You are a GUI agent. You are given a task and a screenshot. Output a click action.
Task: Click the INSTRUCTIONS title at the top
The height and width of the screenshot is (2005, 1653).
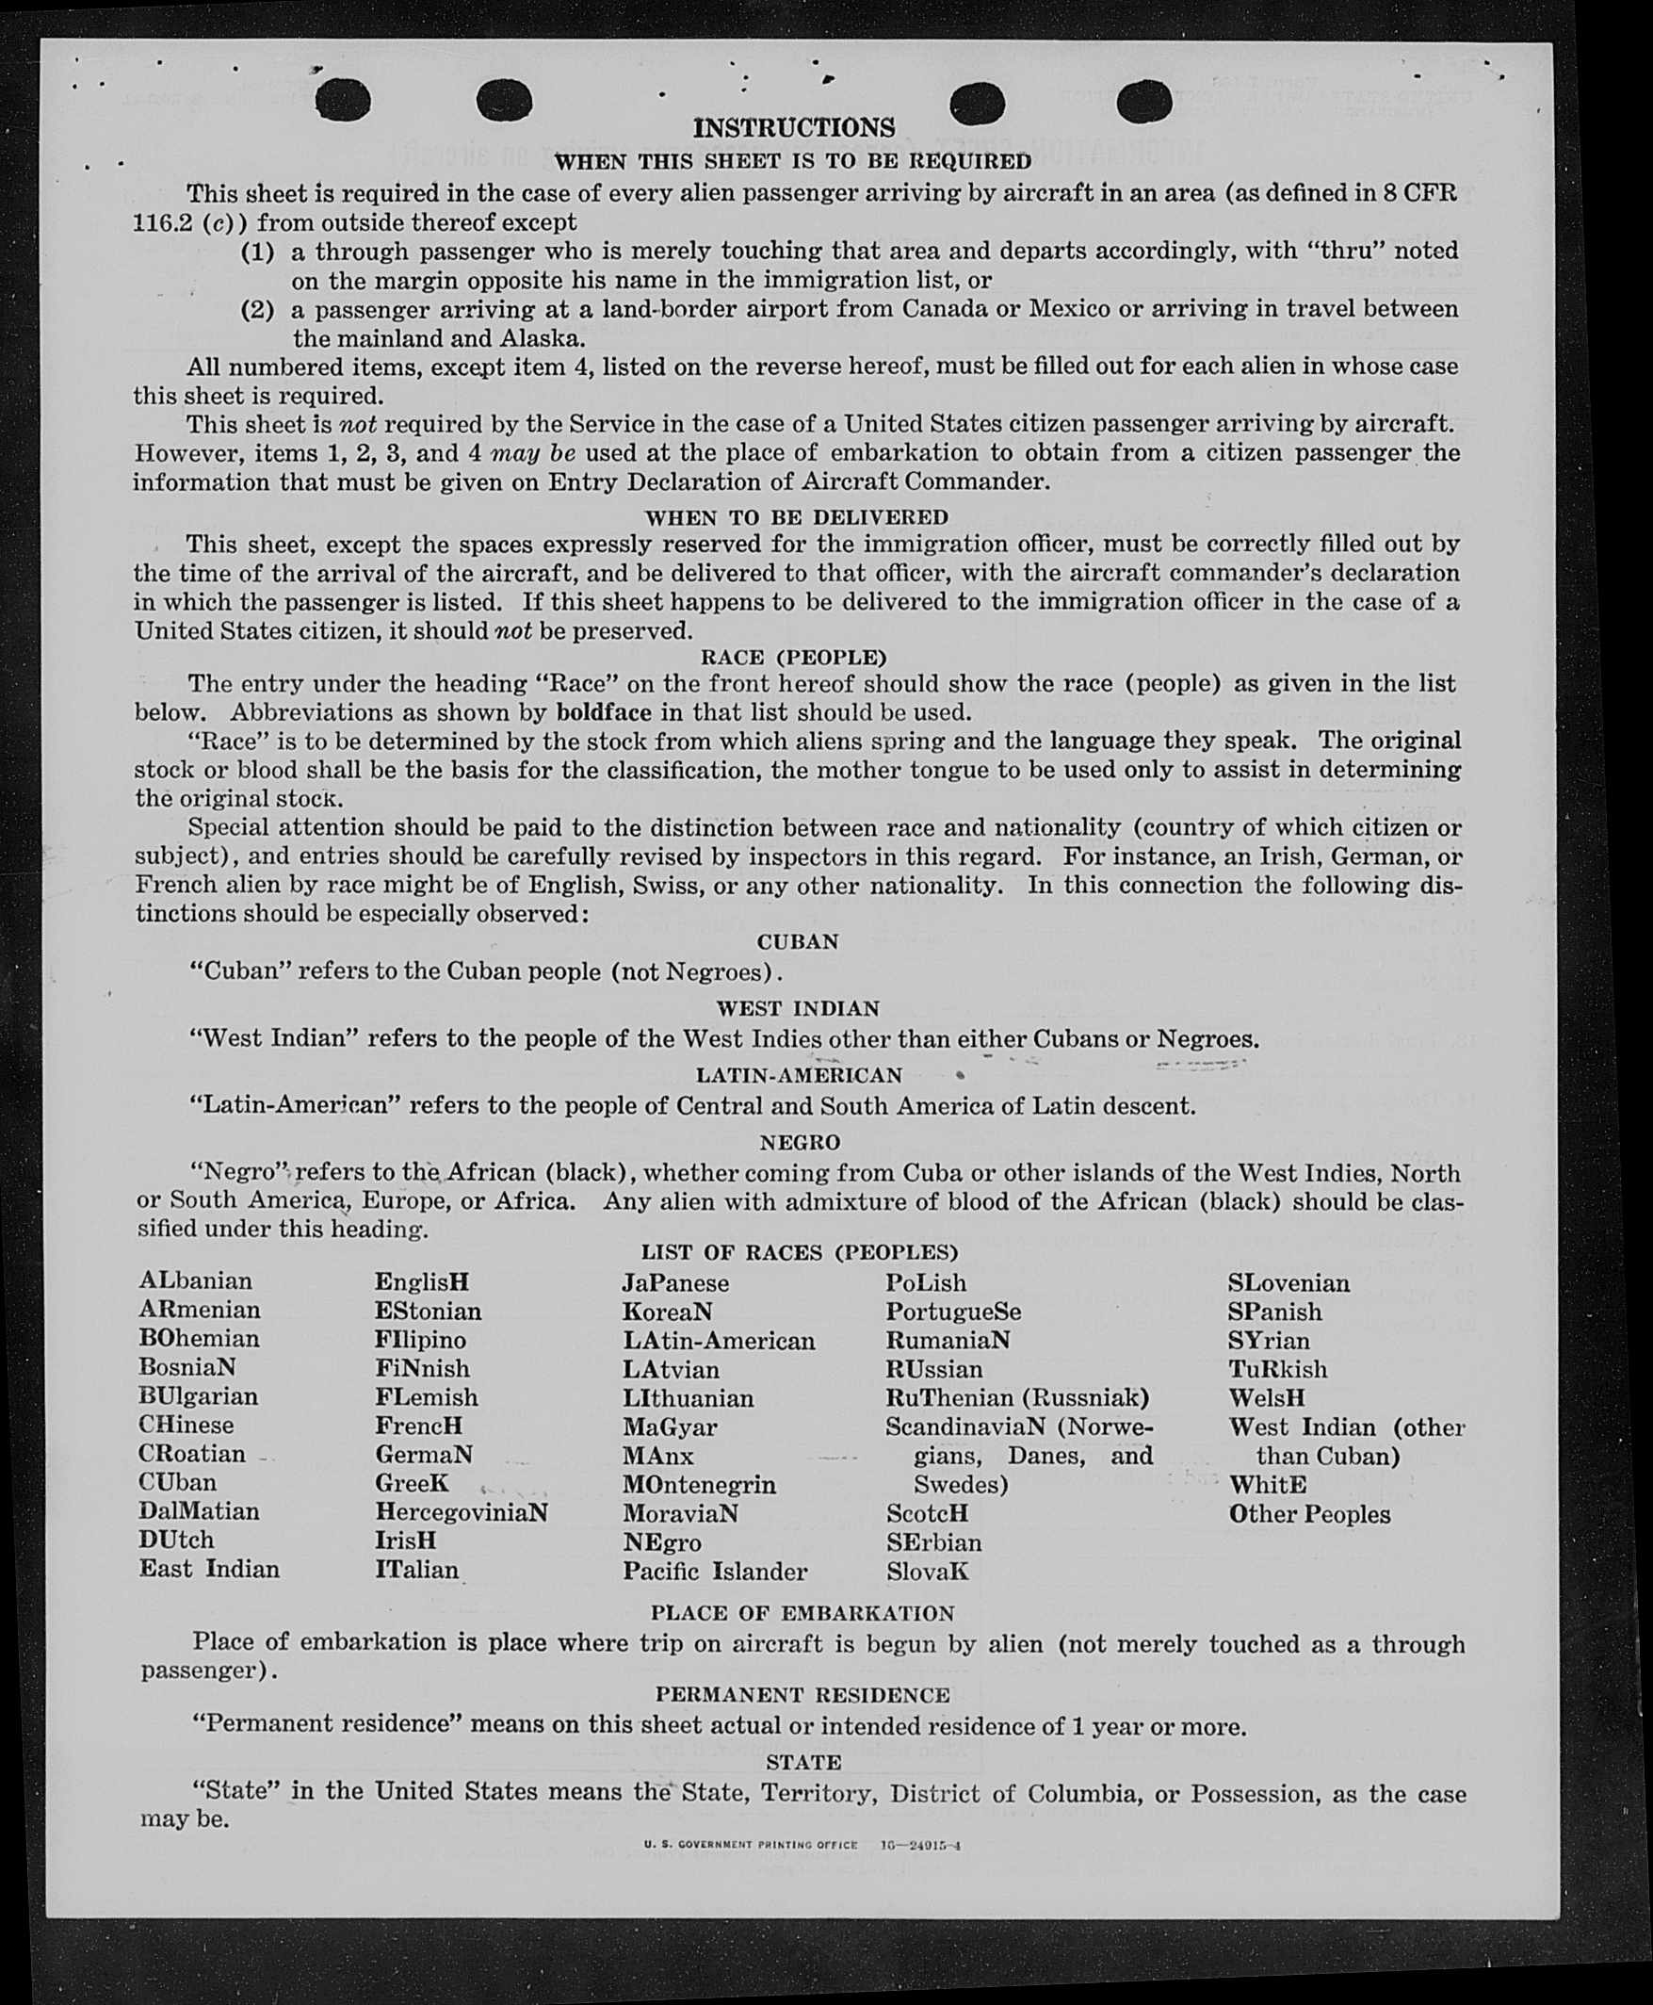click(x=793, y=127)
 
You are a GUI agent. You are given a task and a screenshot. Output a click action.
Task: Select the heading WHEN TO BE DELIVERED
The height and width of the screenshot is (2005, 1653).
click(x=796, y=517)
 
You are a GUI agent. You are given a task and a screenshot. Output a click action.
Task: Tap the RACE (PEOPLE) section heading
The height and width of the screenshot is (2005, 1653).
click(x=793, y=658)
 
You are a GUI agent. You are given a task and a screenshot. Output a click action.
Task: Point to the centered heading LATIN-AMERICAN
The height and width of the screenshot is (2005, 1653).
click(x=799, y=1075)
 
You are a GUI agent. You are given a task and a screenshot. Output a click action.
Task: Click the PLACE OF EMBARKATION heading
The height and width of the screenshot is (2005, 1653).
click(x=802, y=1612)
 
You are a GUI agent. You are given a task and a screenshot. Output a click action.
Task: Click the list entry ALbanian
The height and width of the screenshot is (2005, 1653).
click(x=195, y=1281)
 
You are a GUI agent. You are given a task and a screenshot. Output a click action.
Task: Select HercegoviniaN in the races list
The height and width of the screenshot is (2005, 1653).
click(x=461, y=1511)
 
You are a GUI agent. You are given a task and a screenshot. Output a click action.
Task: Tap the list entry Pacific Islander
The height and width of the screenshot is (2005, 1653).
click(x=714, y=1571)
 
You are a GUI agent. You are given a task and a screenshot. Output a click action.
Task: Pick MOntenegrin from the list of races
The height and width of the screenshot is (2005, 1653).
click(x=699, y=1484)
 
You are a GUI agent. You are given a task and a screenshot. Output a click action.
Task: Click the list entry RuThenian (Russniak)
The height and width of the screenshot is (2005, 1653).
click(x=1017, y=1397)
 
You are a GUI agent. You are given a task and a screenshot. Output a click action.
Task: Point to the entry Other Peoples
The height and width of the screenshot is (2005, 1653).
click(x=1309, y=1513)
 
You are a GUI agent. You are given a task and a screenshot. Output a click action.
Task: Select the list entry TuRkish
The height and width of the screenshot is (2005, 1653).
click(x=1277, y=1369)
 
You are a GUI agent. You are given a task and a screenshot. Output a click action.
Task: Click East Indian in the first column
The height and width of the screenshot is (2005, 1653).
click(x=209, y=1569)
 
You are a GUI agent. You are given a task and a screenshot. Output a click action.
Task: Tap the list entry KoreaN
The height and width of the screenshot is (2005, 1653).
click(x=667, y=1311)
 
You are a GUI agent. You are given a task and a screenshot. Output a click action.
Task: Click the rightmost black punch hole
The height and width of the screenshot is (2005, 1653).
click(x=1143, y=101)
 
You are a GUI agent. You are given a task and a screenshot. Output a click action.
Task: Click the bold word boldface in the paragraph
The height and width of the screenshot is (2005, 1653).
click(x=604, y=711)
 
